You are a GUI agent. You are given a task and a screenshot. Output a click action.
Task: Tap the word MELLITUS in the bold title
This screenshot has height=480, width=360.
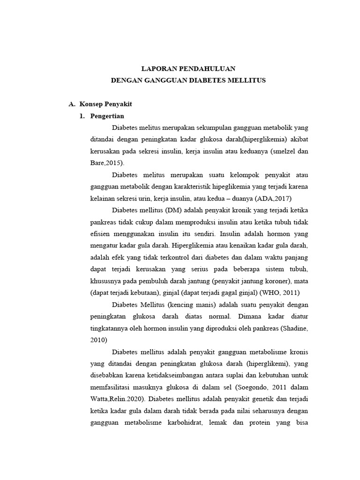pyautogui.click(x=247, y=80)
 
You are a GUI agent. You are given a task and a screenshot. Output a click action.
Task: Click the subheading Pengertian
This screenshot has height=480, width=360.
pyautogui.click(x=108, y=116)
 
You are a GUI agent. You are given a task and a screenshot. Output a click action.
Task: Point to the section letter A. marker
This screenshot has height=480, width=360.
pyautogui.click(x=72, y=104)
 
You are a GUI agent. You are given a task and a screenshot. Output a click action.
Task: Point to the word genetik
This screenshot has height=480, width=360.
pyautogui.click(x=242, y=399)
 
